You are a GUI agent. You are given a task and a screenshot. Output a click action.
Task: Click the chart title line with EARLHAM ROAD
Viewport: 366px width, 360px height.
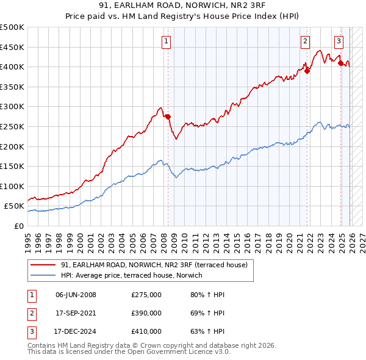click(183, 7)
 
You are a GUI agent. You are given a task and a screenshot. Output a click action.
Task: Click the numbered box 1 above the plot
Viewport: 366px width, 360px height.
click(166, 41)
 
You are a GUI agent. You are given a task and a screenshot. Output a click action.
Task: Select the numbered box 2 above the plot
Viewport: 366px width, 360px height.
click(304, 41)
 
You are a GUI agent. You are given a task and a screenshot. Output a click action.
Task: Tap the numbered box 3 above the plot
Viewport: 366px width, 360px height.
click(339, 41)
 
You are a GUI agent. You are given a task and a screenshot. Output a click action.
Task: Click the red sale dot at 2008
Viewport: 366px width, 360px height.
click(168, 117)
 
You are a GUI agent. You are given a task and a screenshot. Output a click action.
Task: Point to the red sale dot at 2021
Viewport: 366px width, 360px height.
click(307, 71)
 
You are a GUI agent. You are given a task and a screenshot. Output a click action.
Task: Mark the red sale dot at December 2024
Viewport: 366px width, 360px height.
click(340, 63)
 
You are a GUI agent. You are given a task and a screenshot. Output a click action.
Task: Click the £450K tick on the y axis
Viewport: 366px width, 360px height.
click(12, 47)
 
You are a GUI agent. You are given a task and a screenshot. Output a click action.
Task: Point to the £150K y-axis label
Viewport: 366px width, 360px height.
click(12, 166)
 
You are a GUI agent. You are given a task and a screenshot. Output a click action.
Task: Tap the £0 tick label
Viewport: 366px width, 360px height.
click(18, 226)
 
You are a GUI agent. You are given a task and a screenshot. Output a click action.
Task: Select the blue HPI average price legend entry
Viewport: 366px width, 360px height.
click(135, 276)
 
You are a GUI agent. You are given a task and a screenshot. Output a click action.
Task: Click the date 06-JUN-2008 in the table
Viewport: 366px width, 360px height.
click(76, 295)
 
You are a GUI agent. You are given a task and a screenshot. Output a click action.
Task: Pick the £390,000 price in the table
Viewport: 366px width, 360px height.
click(146, 313)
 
